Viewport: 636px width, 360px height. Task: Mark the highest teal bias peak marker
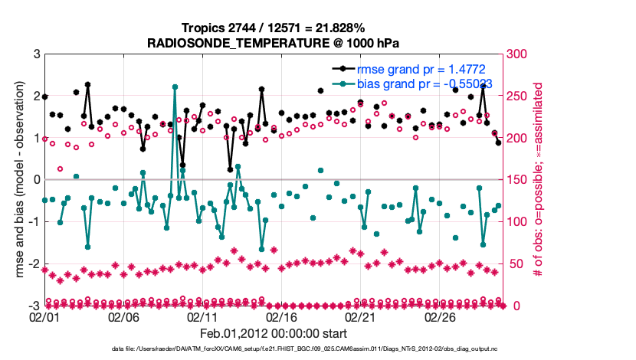pyautogui.click(x=175, y=87)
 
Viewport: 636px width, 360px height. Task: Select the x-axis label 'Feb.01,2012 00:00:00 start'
pyautogui.click(x=274, y=333)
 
